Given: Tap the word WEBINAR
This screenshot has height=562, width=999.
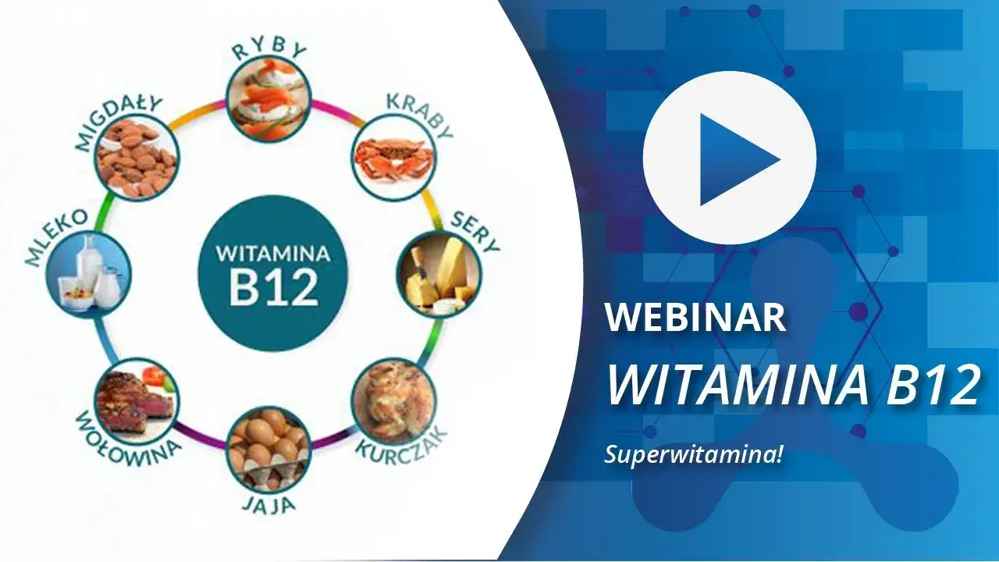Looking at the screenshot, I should coord(696,318).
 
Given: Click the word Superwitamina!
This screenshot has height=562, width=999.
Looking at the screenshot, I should coord(693,454).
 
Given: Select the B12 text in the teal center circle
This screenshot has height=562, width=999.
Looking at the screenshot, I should coord(274,287).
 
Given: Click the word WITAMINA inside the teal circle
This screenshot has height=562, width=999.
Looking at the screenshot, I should coord(273,254).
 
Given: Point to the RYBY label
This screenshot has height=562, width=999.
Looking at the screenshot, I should coord(269,52).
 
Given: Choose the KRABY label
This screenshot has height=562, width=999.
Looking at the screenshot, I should coord(418,115).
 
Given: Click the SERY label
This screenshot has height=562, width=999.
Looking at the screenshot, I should coord(475,232).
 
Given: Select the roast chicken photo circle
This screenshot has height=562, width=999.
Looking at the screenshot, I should coord(393,400).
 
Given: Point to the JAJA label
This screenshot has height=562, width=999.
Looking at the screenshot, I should coord(267,505).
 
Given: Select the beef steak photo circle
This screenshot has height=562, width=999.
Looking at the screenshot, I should coord(137,398).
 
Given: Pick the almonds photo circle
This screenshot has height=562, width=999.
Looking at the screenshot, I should coord(136,158).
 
